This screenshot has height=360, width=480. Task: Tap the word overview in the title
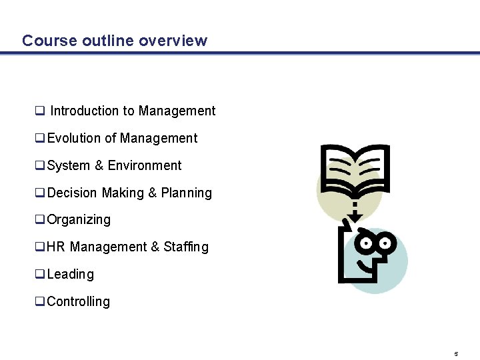click(x=173, y=41)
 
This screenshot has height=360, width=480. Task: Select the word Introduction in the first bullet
click(x=86, y=111)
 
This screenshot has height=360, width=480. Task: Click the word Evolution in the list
click(x=74, y=139)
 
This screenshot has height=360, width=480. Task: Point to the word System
click(x=69, y=166)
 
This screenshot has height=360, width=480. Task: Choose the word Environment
click(x=145, y=166)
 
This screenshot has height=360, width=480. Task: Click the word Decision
click(x=73, y=193)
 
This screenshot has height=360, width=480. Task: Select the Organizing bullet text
click(x=79, y=220)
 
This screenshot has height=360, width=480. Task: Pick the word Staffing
click(x=186, y=247)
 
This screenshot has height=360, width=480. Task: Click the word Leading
click(x=71, y=275)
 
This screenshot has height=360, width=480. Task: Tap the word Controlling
click(x=79, y=302)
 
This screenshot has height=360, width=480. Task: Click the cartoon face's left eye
click(x=365, y=242)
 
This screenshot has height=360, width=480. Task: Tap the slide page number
click(x=456, y=353)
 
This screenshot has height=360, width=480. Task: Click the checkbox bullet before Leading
click(x=40, y=275)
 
